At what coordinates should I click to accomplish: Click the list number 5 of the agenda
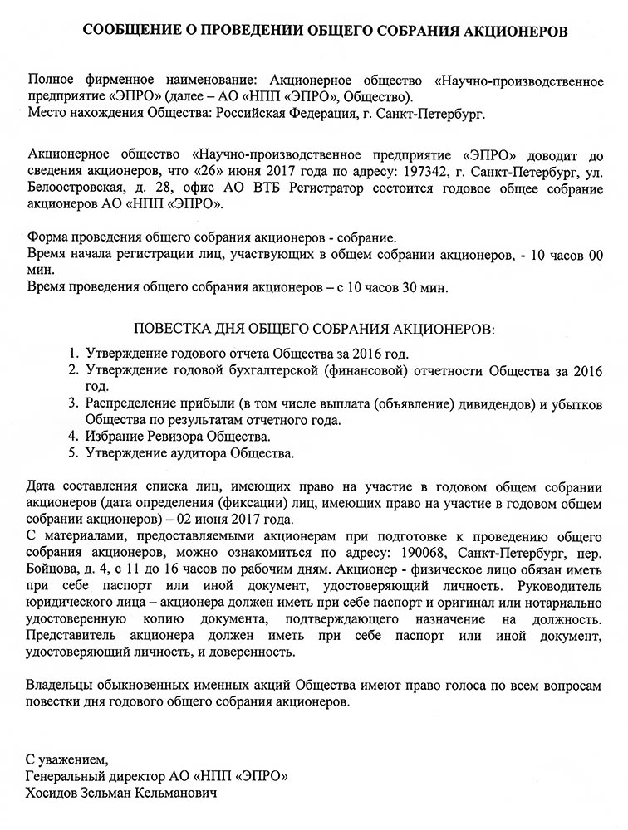(x=73, y=453)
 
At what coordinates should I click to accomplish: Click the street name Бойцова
(x=51, y=570)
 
